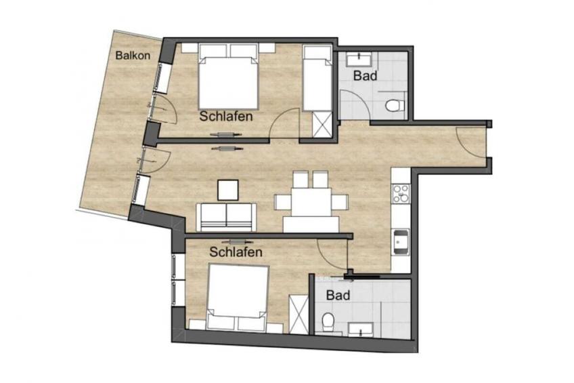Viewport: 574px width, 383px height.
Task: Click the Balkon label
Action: [x=133, y=56]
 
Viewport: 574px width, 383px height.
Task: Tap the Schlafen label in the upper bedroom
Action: [x=226, y=116]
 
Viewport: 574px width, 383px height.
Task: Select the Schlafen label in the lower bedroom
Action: [x=236, y=251]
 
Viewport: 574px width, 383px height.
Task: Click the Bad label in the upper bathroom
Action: [x=365, y=76]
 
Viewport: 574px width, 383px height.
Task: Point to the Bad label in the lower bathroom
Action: [x=338, y=295]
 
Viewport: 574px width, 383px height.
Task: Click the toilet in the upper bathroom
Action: [x=395, y=106]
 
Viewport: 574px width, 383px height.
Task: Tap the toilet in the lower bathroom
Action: [x=328, y=321]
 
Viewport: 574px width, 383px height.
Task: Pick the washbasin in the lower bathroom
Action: [x=361, y=329]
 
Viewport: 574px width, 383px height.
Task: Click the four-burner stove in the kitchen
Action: [x=401, y=193]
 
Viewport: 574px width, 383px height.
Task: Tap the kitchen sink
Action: [x=401, y=242]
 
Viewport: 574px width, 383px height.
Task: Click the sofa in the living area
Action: [x=226, y=218]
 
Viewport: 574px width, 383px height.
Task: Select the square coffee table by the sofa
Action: [x=227, y=190]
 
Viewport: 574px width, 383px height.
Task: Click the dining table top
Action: [x=311, y=202]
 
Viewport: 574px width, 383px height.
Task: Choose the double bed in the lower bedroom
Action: [x=238, y=297]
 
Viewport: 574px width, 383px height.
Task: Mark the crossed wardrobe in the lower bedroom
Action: [x=299, y=314]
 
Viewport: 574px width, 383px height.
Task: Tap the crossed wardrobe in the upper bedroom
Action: [x=322, y=125]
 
